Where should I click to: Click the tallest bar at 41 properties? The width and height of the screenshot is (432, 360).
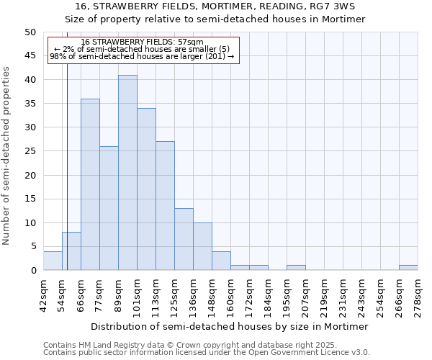[x=127, y=173]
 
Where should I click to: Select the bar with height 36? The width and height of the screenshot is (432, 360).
[x=90, y=184]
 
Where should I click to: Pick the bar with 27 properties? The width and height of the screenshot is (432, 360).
[x=165, y=206]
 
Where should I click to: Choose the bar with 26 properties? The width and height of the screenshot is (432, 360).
[x=109, y=208]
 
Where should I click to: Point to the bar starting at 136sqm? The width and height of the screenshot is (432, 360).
[x=202, y=246]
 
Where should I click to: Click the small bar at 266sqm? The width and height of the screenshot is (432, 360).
[x=408, y=268]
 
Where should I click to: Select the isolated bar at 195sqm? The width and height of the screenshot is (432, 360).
[x=296, y=268]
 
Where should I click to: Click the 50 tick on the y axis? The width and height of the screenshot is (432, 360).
[x=30, y=32]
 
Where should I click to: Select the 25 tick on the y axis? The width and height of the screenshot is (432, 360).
[x=30, y=151]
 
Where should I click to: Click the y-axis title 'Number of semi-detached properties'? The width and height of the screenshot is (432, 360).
[x=7, y=156]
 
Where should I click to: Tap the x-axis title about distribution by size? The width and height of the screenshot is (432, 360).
[x=230, y=326]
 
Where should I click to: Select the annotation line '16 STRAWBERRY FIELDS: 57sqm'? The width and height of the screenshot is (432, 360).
[x=142, y=42]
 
